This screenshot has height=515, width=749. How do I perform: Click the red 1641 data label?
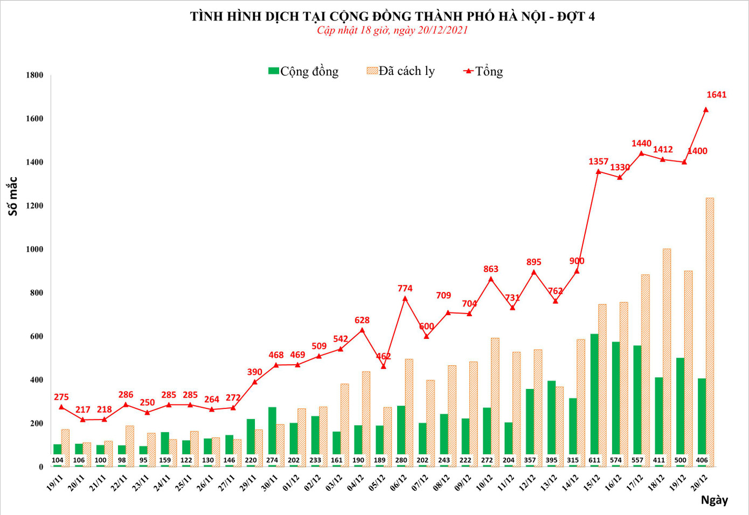716,95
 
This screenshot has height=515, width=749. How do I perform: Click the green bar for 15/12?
594,399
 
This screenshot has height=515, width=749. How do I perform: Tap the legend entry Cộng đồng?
303,71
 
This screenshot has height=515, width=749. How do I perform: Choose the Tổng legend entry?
483,71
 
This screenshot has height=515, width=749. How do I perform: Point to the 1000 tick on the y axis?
34,249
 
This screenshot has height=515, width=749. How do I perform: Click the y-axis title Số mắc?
12,196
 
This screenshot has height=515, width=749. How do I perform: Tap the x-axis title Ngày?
714,500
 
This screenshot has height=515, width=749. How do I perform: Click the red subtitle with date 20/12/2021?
392,30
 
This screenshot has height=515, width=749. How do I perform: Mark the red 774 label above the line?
405,288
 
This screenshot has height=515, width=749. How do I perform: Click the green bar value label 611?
594,460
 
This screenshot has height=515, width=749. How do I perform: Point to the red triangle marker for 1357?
598,171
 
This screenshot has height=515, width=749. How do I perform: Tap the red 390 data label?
254,372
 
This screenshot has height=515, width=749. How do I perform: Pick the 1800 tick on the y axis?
34,75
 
